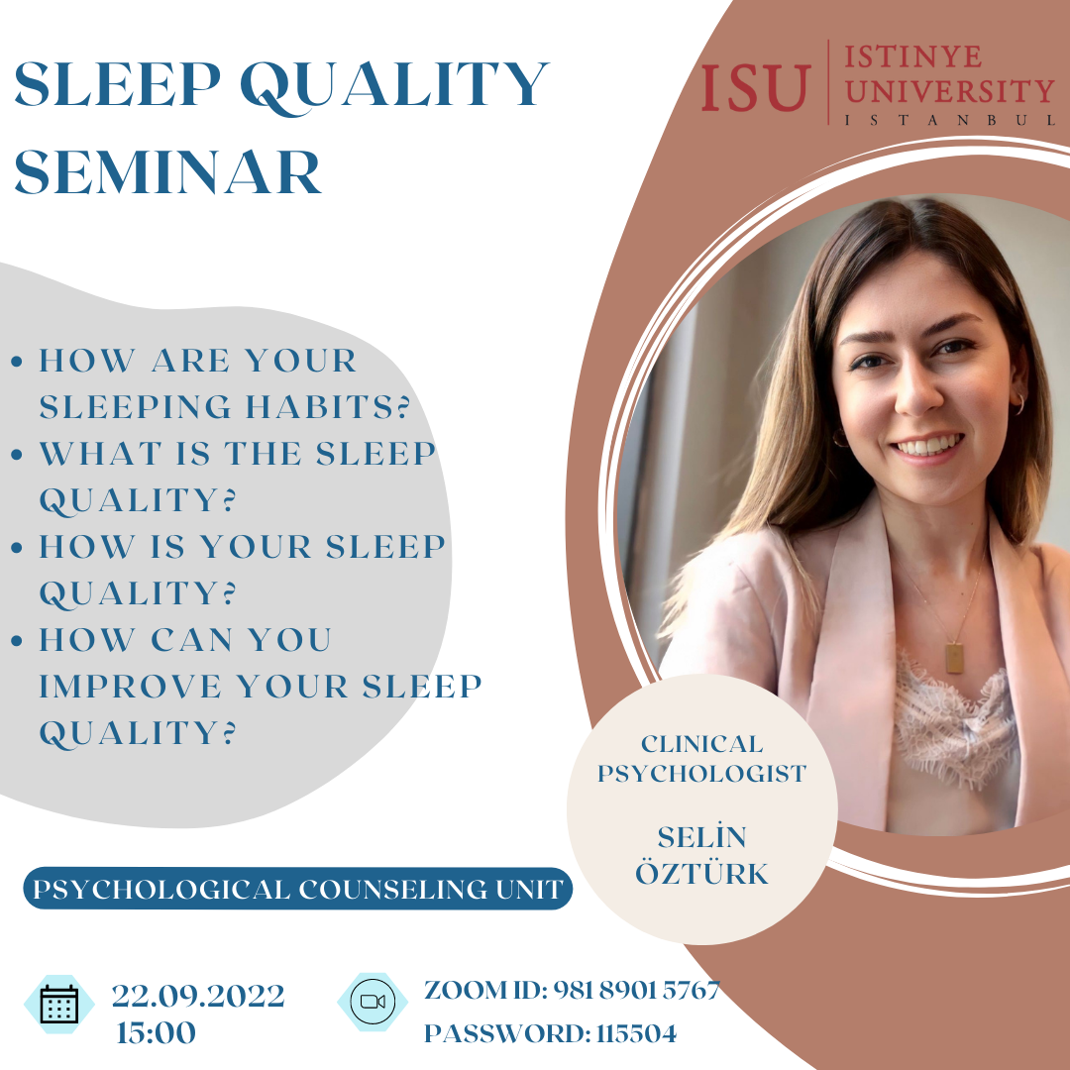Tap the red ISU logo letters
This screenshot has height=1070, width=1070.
point(756,86)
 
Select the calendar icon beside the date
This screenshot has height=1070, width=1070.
point(59,1004)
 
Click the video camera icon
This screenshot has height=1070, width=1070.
point(373,1001)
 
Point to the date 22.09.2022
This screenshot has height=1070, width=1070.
point(198,996)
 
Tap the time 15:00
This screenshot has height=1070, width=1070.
point(157,1032)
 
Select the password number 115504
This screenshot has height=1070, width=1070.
point(636,1033)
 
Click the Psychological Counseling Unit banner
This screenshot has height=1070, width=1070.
point(297,889)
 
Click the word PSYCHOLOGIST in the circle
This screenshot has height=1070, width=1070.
point(701,774)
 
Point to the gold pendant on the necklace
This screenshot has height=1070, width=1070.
point(954,658)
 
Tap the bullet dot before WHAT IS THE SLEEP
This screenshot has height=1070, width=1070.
point(17,455)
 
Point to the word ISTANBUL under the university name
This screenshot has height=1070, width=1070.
point(950,120)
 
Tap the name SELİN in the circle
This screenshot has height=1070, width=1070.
point(701,836)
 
